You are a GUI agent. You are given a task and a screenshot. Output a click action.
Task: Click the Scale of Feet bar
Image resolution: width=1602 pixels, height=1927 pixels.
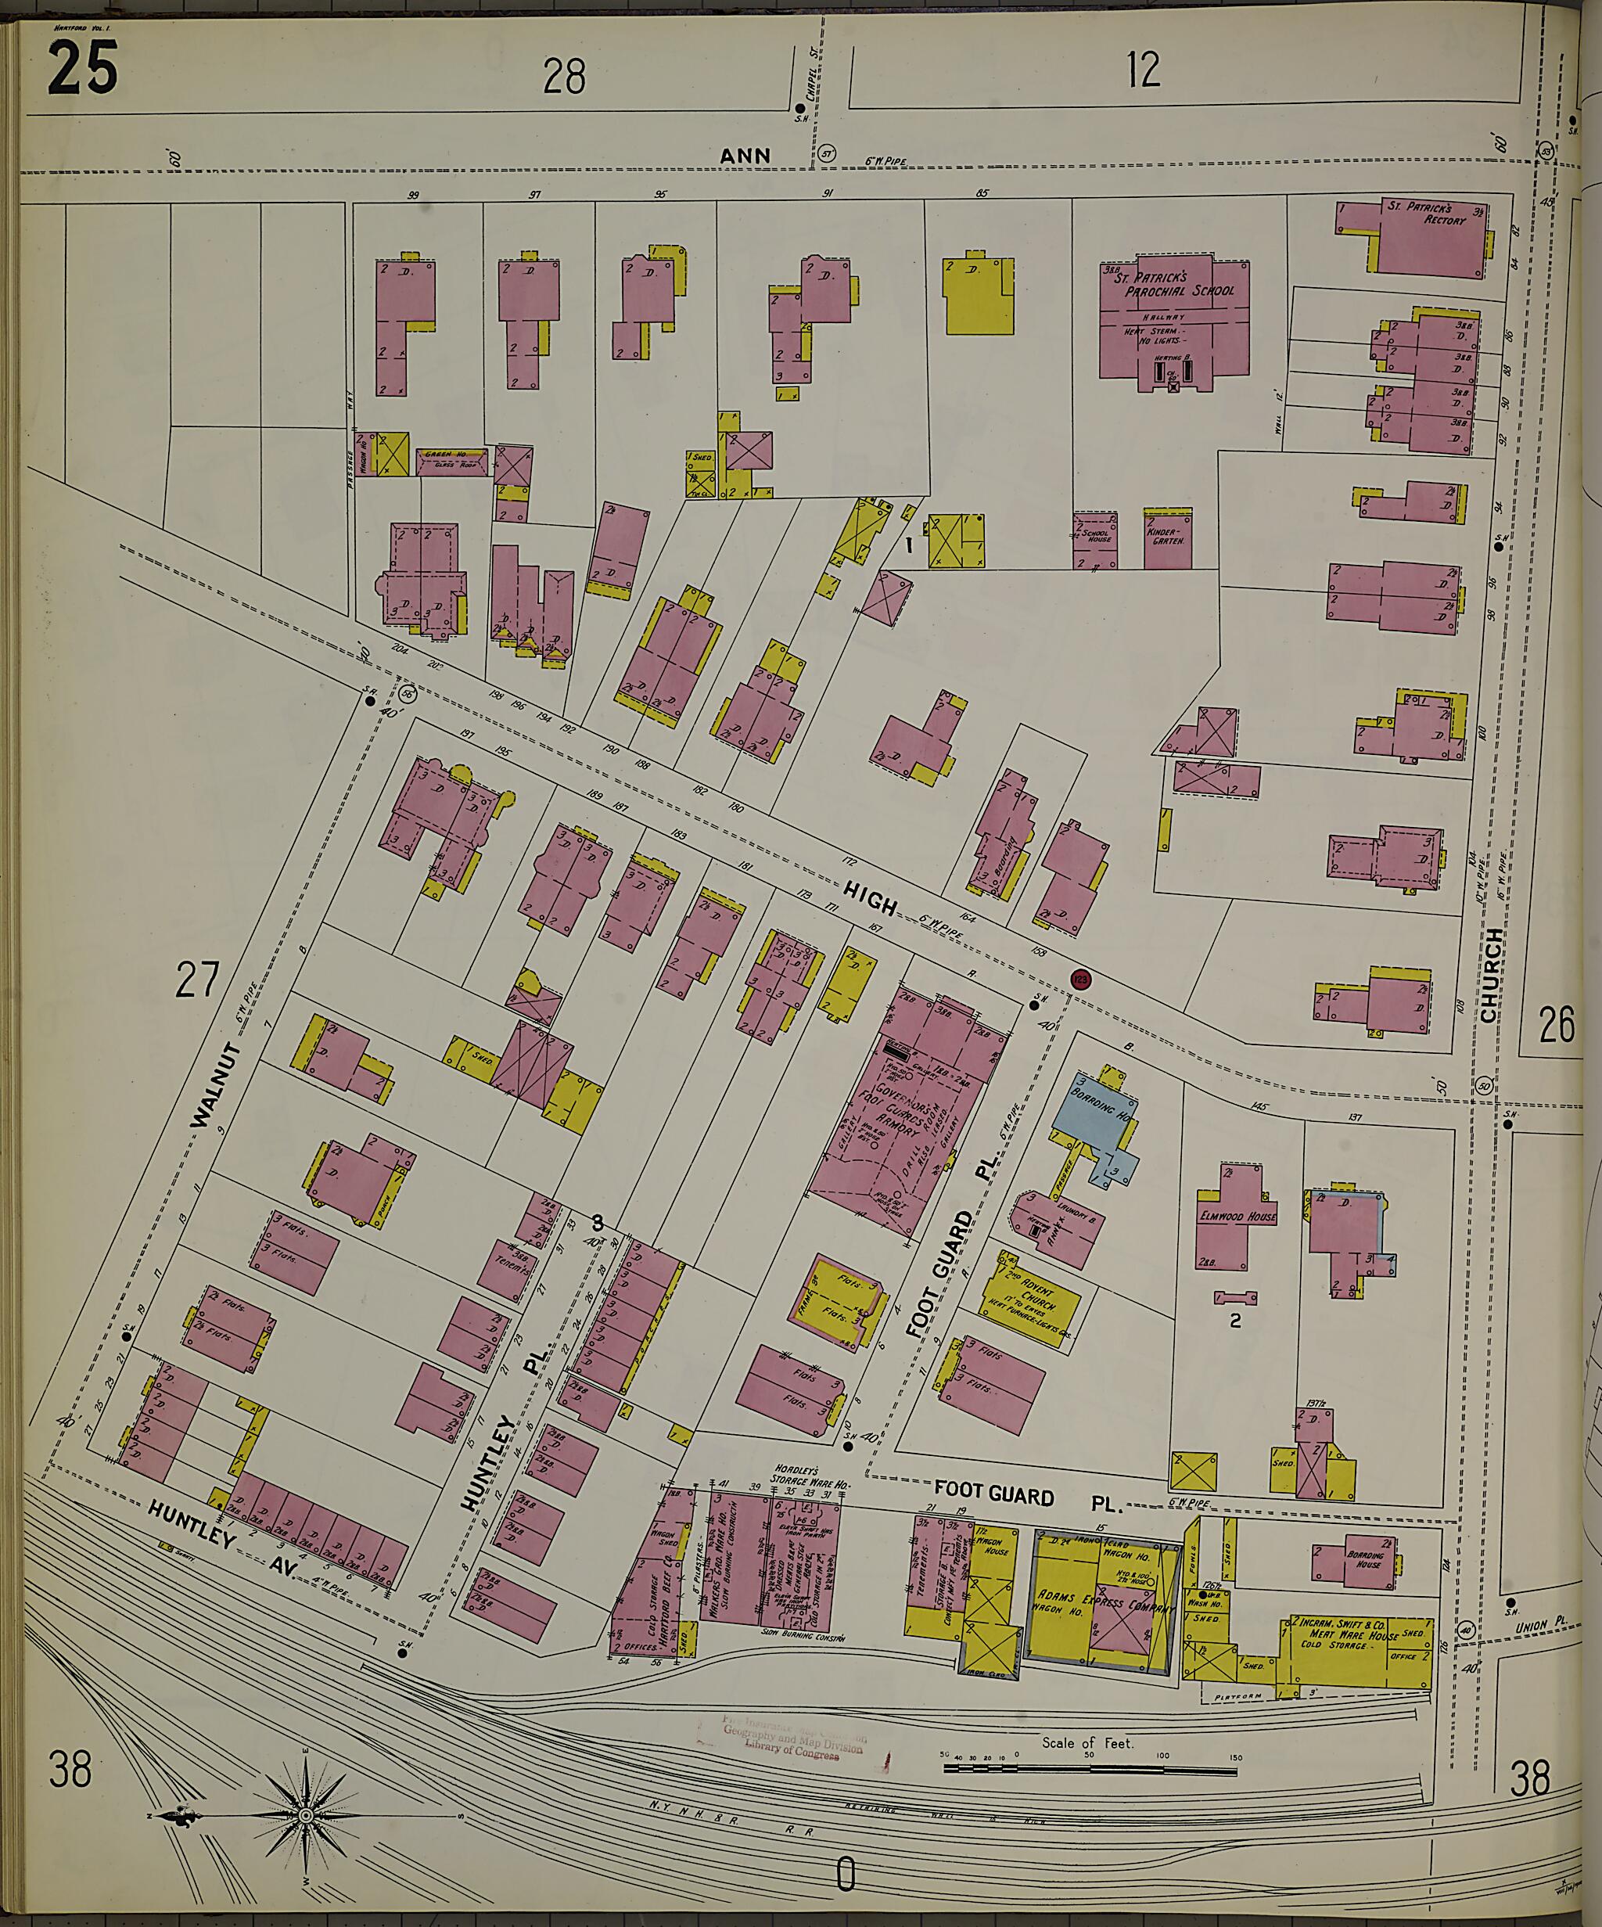click(x=1089, y=1766)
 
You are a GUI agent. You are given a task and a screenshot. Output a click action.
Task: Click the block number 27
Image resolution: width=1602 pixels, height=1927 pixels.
click(x=198, y=983)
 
